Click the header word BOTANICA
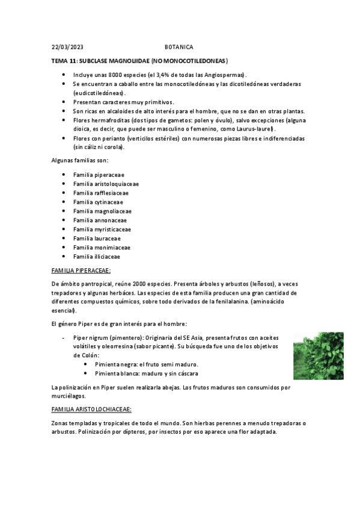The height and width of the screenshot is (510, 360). pyautogui.click(x=179, y=46)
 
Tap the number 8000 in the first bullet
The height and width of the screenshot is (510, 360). pyautogui.click(x=118, y=75)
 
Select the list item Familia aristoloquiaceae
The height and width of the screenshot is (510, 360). pyautogui.click(x=106, y=184)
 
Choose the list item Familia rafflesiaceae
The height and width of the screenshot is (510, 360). pyautogui.click(x=100, y=193)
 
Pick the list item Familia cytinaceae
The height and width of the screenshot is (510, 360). pyautogui.click(x=97, y=202)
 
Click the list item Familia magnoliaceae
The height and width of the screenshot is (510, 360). pyautogui.click(x=102, y=211)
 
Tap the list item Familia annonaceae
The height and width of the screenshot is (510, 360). pyautogui.click(x=100, y=220)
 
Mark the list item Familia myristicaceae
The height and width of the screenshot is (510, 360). pyautogui.click(x=102, y=229)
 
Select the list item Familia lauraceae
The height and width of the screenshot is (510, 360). pyautogui.click(x=97, y=238)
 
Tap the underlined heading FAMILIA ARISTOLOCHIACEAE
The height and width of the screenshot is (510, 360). pyautogui.click(x=91, y=409)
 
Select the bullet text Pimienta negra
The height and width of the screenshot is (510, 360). pyautogui.click(x=114, y=365)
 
